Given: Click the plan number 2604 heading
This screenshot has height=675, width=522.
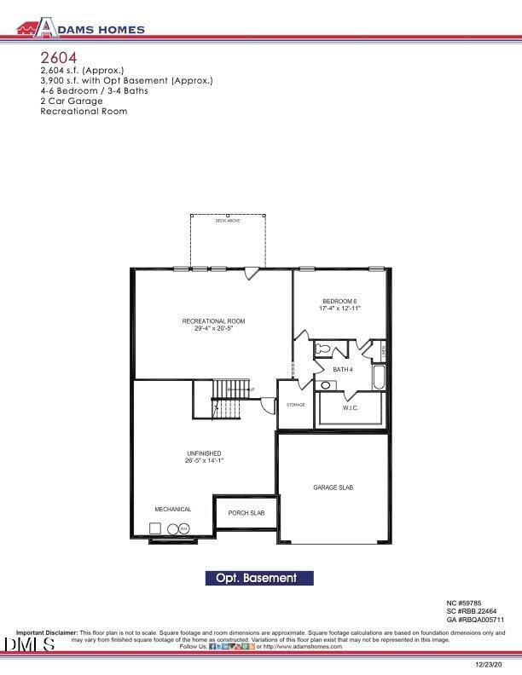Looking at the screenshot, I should tap(58, 57).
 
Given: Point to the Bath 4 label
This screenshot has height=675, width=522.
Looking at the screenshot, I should tap(343, 369).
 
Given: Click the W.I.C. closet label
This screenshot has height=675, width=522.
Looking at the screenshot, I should tap(351, 408).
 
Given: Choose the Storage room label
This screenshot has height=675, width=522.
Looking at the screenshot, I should tap(295, 405).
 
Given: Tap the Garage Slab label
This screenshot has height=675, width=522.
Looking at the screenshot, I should tap(333, 487).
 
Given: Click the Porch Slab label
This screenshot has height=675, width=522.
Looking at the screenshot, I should tap(246, 513).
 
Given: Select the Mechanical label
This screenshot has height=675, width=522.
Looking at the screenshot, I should tap(172, 509).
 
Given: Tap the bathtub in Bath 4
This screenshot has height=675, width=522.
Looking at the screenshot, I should tap(379, 377).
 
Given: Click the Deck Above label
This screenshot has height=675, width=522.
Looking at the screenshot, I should tap(227, 221).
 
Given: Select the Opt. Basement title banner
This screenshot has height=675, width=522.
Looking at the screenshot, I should tap(259, 578).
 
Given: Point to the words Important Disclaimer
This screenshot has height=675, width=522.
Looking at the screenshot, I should tap(47, 632).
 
